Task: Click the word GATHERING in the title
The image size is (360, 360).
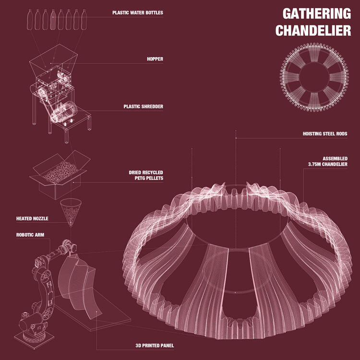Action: coord(317,14)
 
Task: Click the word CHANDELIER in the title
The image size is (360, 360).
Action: coord(313,31)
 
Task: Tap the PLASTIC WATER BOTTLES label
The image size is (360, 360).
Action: coord(138,12)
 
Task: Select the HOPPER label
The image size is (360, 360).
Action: coord(155,59)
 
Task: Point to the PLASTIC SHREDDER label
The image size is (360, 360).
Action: coord(143,107)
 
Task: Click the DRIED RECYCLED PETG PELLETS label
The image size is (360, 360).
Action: coord(146,175)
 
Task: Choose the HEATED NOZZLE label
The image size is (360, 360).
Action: coord(32,218)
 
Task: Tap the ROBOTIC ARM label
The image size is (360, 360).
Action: coord(30,235)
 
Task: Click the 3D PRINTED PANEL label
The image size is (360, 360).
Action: coord(155,346)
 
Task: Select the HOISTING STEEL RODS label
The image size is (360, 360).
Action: coord(325,133)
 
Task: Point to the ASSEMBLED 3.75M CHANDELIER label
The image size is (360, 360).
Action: coord(328,161)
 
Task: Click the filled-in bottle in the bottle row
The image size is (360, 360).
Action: coord(53,20)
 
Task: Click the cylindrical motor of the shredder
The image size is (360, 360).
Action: coord(64,112)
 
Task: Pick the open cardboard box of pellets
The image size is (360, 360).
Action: coord(60,175)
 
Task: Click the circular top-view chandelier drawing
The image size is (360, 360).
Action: coord(314,77)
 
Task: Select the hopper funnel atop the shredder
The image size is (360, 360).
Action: coord(53,58)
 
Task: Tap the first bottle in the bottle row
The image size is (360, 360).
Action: coord(30,20)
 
